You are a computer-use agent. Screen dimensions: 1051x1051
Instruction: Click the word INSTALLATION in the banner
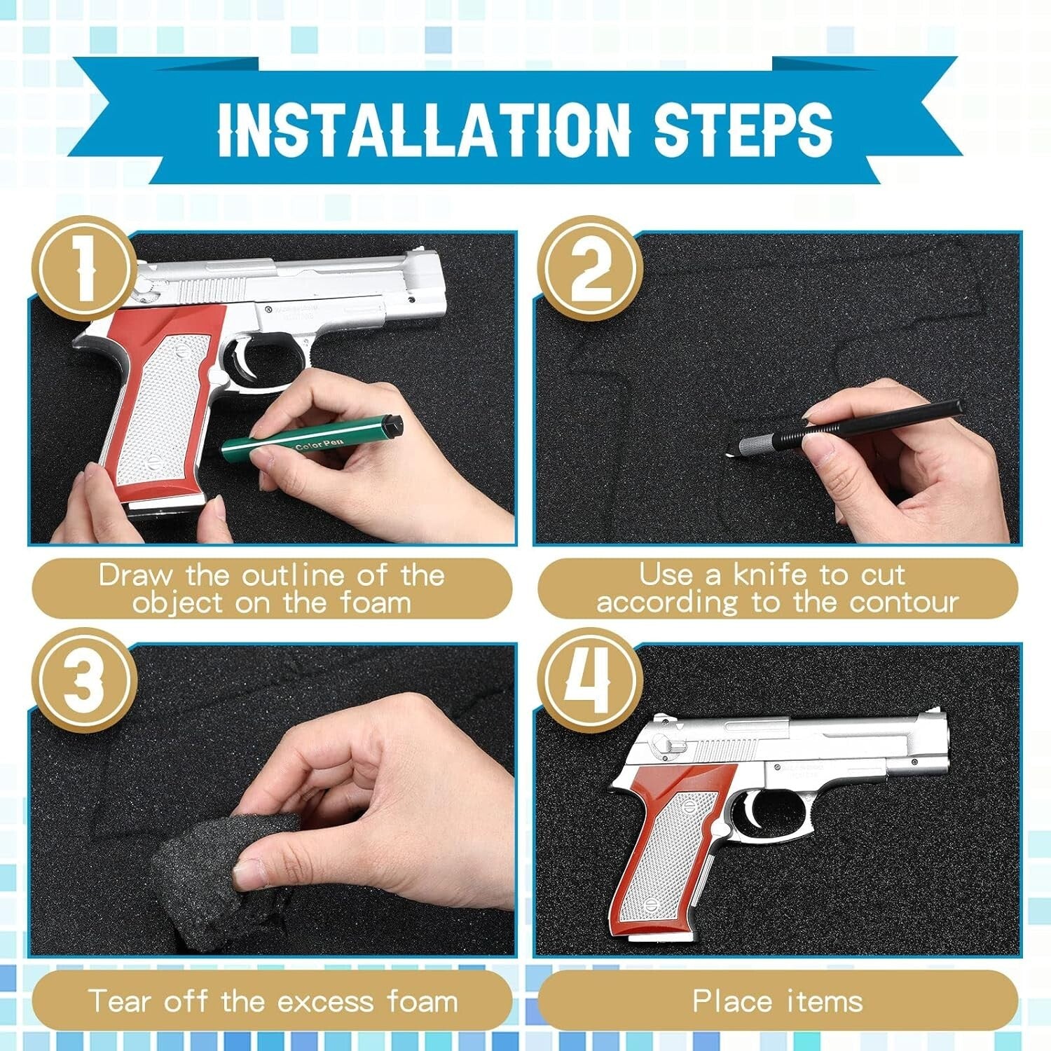click(x=425, y=130)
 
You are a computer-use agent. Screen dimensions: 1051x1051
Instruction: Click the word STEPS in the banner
click(x=743, y=130)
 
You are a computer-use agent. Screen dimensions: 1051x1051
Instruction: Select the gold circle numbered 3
click(x=85, y=680)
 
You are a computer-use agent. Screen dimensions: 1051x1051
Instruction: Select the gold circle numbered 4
click(x=590, y=680)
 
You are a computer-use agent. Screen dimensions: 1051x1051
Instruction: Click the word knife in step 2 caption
click(x=770, y=575)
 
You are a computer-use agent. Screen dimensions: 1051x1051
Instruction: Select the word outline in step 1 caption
click(x=295, y=576)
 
